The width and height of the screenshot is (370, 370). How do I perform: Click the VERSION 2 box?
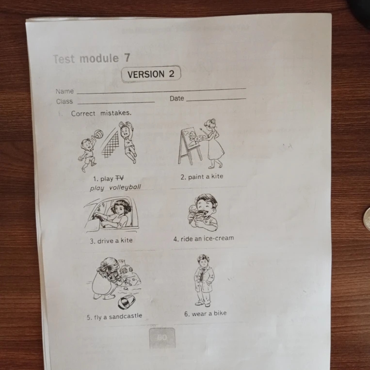151,74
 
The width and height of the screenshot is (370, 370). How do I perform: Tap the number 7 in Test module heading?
127,58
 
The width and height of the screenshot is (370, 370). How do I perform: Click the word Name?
64,91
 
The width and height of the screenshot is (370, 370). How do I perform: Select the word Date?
177,98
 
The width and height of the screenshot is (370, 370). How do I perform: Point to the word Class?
64,101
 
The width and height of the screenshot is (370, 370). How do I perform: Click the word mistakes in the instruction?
115,113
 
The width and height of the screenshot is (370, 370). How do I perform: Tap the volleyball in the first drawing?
98,134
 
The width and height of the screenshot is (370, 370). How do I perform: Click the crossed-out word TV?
119,178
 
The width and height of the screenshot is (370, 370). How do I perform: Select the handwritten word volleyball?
125,187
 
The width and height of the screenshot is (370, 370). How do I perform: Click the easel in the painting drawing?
190,146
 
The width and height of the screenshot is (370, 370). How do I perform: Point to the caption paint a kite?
202,177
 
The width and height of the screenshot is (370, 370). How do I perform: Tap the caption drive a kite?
111,241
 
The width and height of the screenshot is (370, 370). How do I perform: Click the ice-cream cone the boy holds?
193,214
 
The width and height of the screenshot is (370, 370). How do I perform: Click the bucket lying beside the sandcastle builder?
126,302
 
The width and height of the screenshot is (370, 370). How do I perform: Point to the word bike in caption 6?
220,313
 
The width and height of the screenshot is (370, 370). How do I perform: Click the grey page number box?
162,338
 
